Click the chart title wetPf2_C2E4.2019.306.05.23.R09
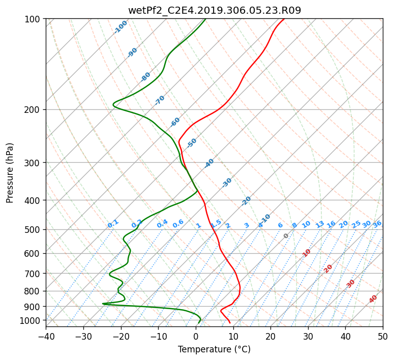[215, 11]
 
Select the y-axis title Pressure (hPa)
[10, 173]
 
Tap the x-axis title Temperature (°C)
[215, 349]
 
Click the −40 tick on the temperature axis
[46, 336]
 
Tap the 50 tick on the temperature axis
[383, 336]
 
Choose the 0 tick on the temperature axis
[196, 336]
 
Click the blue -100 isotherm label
[120, 27]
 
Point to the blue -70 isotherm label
[160, 100]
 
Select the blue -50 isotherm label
[192, 143]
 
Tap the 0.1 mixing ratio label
[113, 224]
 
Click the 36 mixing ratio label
[377, 224]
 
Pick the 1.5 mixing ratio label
[216, 223]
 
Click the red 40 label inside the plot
[373, 299]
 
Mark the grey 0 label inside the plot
[286, 236]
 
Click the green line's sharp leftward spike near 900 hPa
[103, 304]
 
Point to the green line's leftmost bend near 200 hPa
[113, 105]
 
